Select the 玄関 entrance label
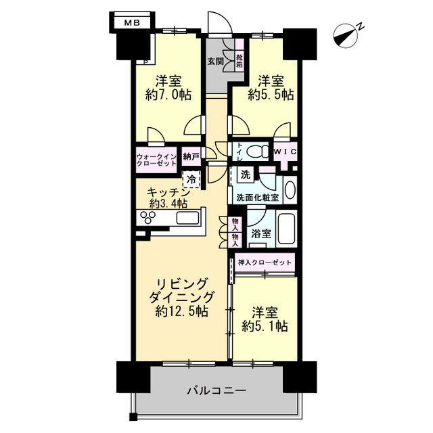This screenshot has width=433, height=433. (214, 62)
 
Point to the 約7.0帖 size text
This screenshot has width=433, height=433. (168, 95)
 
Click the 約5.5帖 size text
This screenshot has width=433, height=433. (271, 95)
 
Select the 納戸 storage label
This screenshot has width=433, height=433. (191, 157)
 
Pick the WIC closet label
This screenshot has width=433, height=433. (285, 151)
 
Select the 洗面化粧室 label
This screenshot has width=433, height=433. (257, 198)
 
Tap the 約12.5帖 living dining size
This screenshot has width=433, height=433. (181, 312)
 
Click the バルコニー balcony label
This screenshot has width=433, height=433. (216, 390)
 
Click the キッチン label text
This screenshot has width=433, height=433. (167, 192)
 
